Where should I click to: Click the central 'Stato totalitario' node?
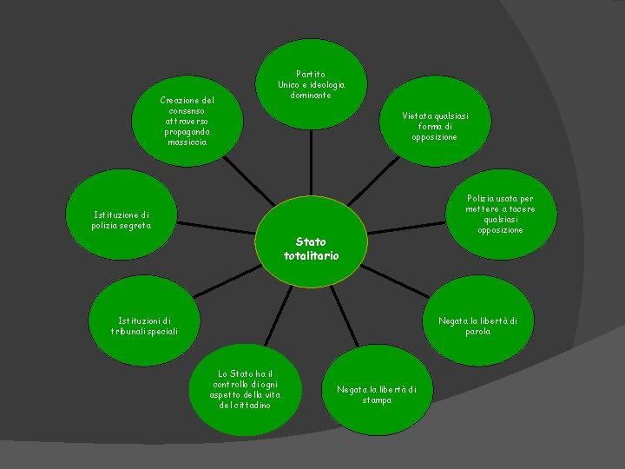click(x=312, y=248)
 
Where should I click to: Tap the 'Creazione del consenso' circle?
click(x=187, y=121)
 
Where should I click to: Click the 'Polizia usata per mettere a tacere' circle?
click(x=500, y=214)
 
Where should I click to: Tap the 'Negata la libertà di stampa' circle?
click(x=376, y=394)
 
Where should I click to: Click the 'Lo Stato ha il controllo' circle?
click(x=244, y=390)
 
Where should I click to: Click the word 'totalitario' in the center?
click(x=312, y=255)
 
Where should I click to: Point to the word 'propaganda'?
click(x=187, y=131)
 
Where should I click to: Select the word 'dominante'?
click(x=311, y=96)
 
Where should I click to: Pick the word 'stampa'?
click(x=377, y=400)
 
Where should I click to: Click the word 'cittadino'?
click(x=246, y=406)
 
